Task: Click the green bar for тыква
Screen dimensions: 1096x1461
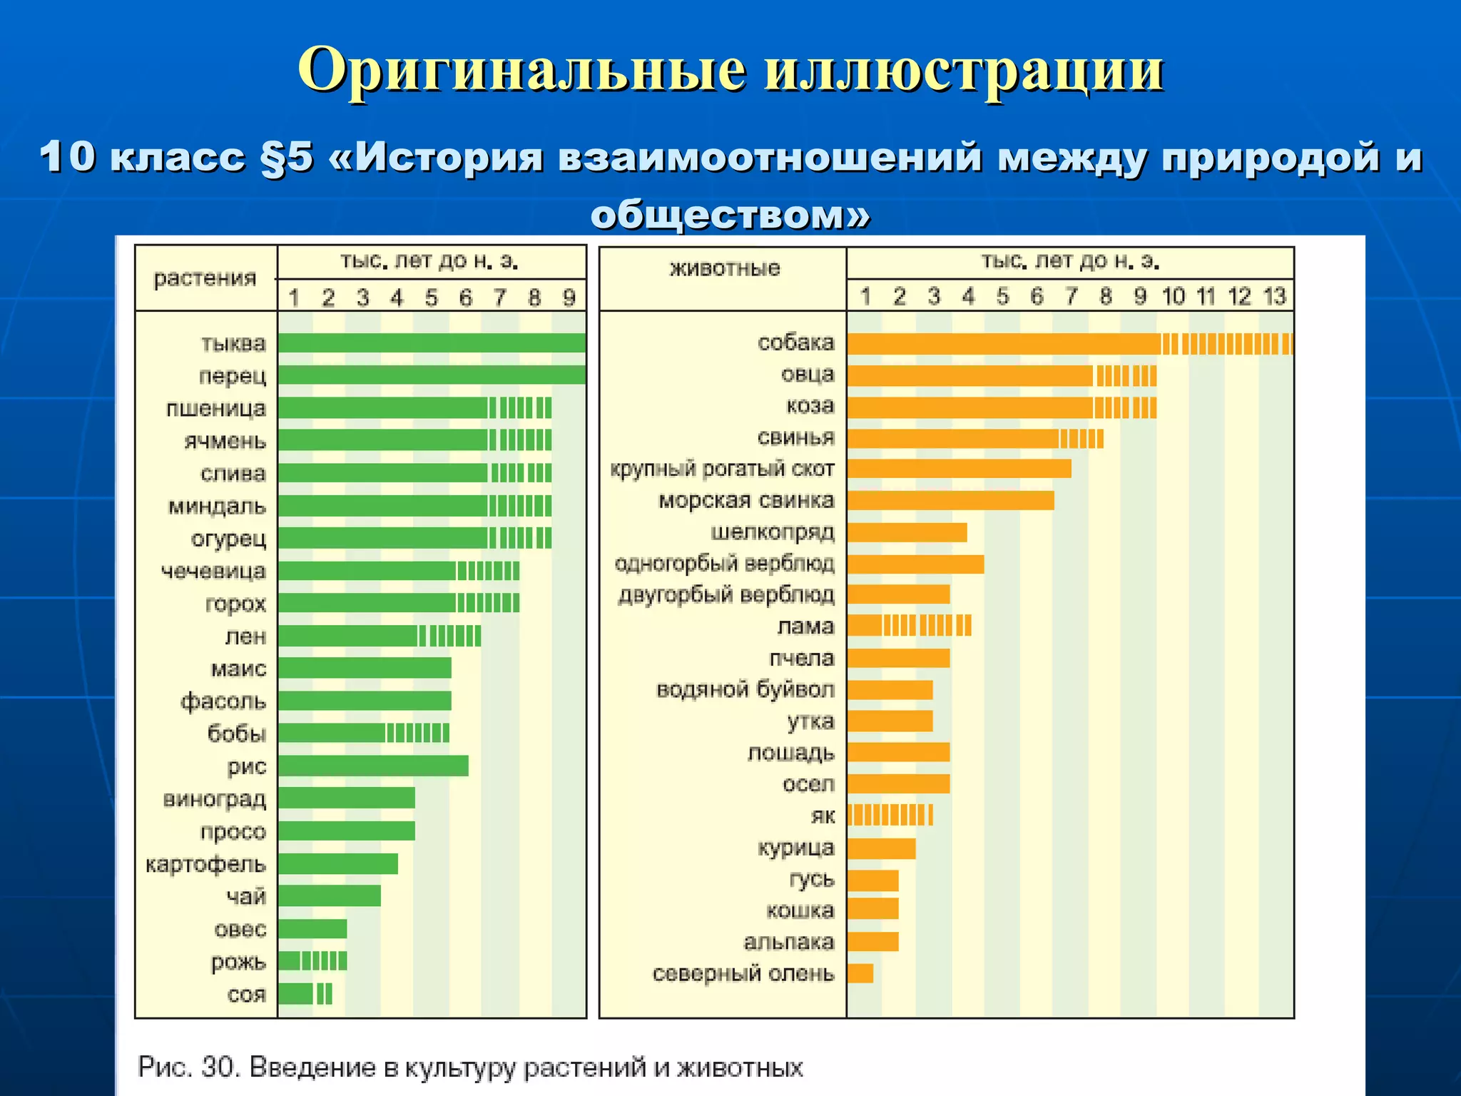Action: (x=432, y=343)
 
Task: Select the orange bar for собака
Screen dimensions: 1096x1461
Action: (x=1070, y=344)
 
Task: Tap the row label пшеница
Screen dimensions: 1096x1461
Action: (x=215, y=409)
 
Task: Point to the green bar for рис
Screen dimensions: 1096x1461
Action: (x=373, y=766)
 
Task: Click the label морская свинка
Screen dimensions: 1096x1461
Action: (x=745, y=500)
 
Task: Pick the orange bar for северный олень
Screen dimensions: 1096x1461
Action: (x=860, y=973)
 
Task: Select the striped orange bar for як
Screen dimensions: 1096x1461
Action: (x=890, y=815)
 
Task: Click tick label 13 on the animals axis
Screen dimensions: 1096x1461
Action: (x=1274, y=296)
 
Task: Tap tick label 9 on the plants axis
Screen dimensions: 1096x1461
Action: (x=569, y=298)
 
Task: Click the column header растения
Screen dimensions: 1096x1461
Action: (x=205, y=278)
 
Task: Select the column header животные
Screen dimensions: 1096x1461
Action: (x=725, y=269)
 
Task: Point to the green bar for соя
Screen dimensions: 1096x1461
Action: (x=305, y=994)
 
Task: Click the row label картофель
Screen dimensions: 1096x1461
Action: (x=205, y=865)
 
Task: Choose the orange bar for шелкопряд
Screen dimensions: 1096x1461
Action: (x=907, y=532)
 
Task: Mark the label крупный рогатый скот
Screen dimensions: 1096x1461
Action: (x=722, y=469)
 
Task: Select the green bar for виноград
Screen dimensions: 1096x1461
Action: (x=347, y=798)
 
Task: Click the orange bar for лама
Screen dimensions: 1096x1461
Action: (x=909, y=626)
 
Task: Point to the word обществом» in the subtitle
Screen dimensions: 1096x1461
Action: (x=730, y=214)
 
